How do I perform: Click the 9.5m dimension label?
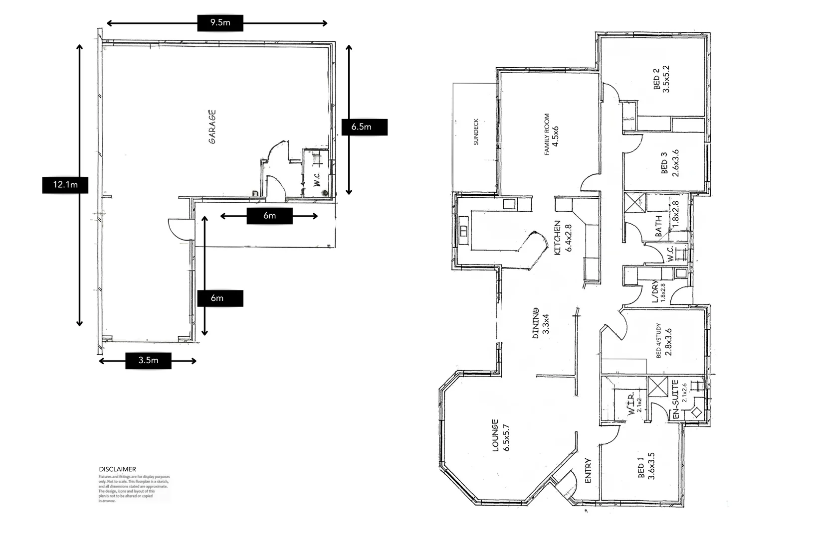220,23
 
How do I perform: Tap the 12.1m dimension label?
65,185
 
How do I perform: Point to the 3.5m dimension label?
148,361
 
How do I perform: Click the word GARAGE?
212,127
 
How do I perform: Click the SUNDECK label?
476,132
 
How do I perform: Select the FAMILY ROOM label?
547,134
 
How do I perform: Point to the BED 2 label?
656,79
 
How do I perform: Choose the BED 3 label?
664,163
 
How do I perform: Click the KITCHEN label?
558,238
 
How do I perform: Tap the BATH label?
659,226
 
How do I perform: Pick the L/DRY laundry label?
655,292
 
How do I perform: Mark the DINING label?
536,324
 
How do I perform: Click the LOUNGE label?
495,435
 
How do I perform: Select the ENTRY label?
588,470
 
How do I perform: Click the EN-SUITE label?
676,399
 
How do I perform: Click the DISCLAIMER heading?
117,469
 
